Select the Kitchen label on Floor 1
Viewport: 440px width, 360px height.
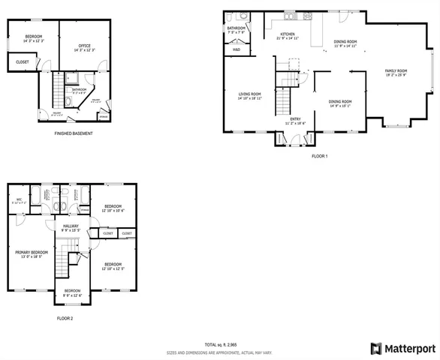click(x=287, y=34)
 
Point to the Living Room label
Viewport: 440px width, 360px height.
click(x=249, y=94)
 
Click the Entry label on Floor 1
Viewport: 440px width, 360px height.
click(x=296, y=118)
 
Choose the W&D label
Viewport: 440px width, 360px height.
click(x=236, y=49)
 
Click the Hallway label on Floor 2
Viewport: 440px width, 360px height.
click(x=71, y=226)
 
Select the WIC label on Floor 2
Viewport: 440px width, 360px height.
click(x=20, y=199)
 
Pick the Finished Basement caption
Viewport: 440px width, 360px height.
click(x=74, y=133)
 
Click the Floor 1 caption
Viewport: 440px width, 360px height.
click(x=320, y=156)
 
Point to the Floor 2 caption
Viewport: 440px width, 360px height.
click(x=65, y=318)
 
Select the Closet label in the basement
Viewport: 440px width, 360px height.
click(x=22, y=61)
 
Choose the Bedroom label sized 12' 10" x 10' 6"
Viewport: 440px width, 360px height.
click(x=113, y=205)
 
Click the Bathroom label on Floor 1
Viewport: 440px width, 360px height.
click(x=236, y=28)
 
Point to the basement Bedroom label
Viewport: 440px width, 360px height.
click(x=33, y=37)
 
